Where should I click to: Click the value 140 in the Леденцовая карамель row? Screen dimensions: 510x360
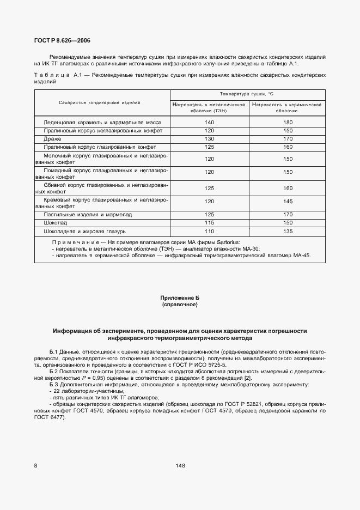coord(210,123)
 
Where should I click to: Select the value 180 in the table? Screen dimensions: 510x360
coord(288,123)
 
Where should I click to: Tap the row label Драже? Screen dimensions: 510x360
coord(53,139)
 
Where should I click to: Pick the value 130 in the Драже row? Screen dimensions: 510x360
coord(210,139)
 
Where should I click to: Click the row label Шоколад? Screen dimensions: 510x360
coord(56,223)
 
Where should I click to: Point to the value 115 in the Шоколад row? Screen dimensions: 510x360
coord(210,223)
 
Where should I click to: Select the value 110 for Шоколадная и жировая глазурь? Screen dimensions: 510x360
coord(210,231)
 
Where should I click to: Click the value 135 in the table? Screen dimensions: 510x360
coord(288,231)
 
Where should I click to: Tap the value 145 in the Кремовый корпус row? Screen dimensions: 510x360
coord(288,202)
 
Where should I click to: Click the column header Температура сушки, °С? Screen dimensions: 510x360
coord(248,94)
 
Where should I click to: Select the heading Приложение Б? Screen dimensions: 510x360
coord(180,298)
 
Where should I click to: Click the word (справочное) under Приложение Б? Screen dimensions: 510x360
coord(180,305)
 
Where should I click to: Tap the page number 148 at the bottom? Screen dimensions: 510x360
coord(180,465)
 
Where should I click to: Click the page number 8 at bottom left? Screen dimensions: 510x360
coord(35,465)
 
